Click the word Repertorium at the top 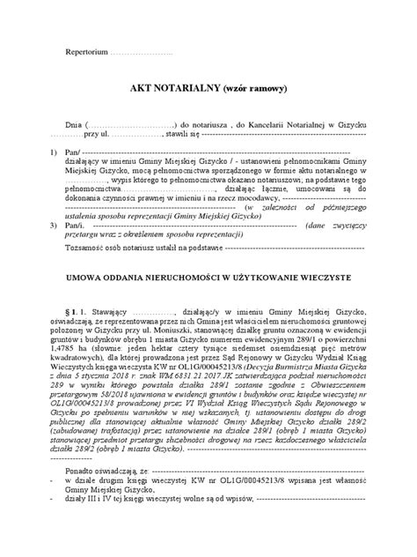[x=88, y=54]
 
